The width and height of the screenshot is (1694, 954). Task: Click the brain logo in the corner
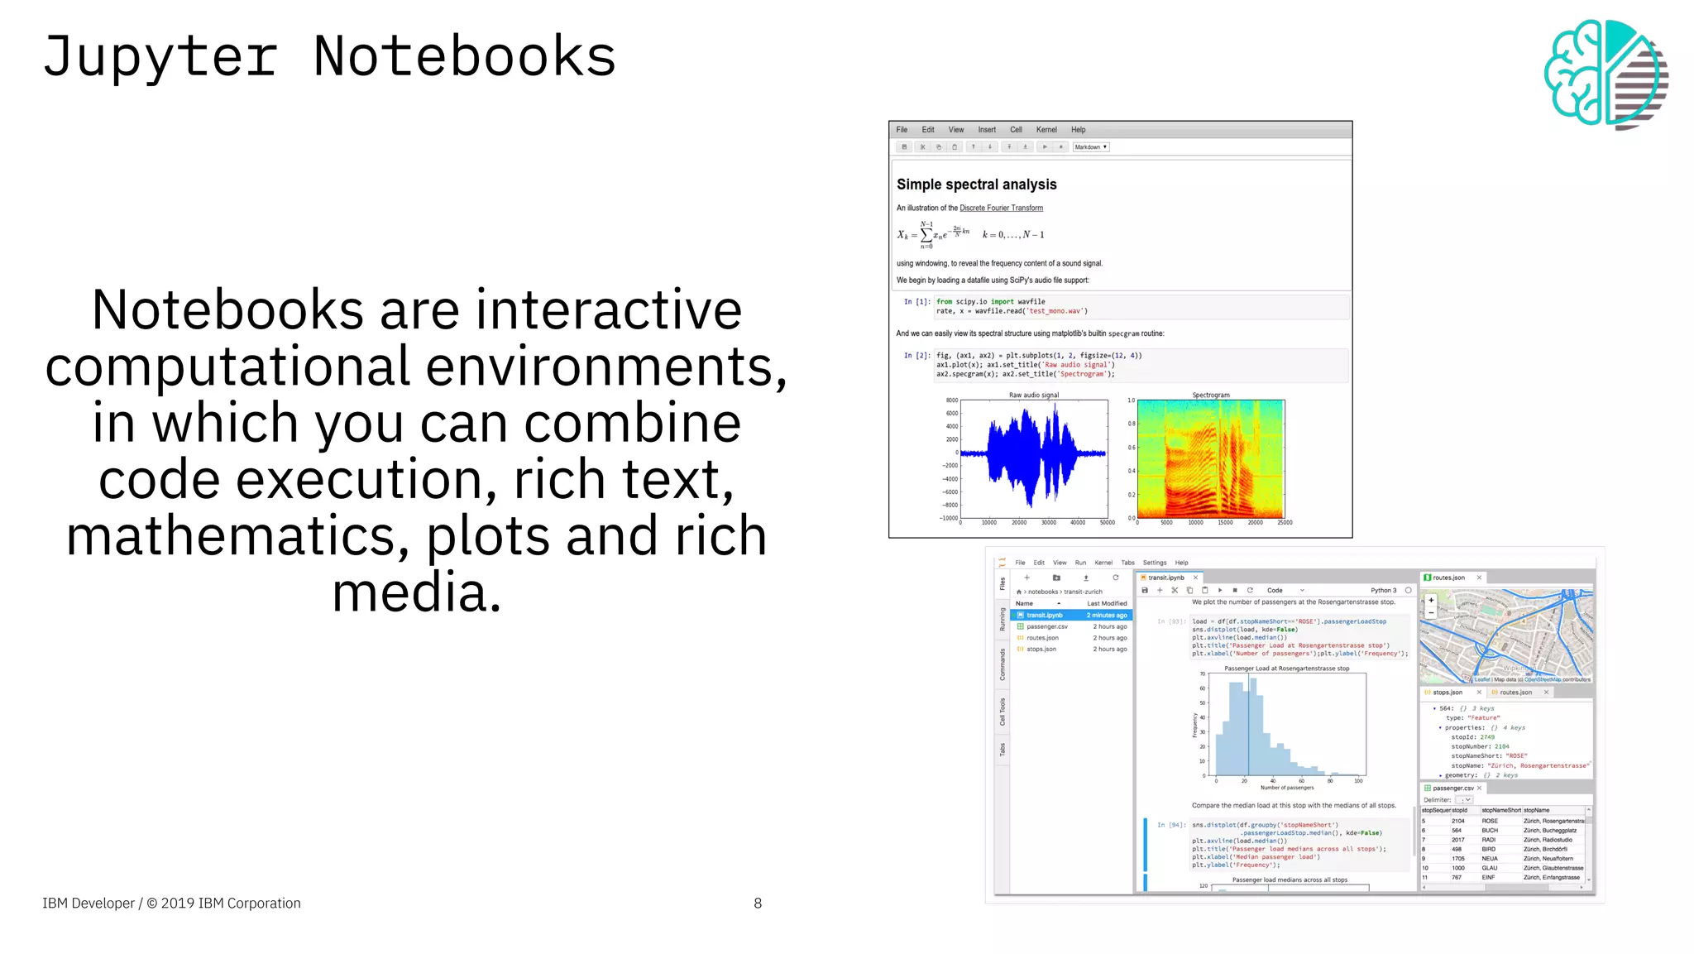pyautogui.click(x=1605, y=74)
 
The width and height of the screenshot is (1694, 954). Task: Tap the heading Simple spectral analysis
pyautogui.click(x=976, y=185)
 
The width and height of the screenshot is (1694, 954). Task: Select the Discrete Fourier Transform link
pyautogui.click(x=1001, y=209)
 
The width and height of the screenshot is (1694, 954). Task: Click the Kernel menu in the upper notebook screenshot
pyautogui.click(x=1046, y=130)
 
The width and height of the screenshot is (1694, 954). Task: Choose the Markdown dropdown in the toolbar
pyautogui.click(x=1090, y=147)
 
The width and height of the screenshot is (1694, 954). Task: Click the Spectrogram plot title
pyautogui.click(x=1211, y=395)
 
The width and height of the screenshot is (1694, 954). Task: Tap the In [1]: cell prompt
pyautogui.click(x=916, y=302)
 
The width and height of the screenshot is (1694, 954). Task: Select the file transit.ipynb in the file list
pyautogui.click(x=1045, y=616)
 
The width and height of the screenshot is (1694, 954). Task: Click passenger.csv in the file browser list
pyautogui.click(x=1047, y=626)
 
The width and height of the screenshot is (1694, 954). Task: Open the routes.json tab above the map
pyautogui.click(x=1448, y=578)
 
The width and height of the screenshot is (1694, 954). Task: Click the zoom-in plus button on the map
pyautogui.click(x=1431, y=600)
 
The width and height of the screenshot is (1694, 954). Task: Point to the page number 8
pyautogui.click(x=758, y=904)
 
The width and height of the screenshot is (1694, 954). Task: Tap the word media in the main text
pyautogui.click(x=416, y=593)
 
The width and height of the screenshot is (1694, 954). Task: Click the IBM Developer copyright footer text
pyautogui.click(x=171, y=904)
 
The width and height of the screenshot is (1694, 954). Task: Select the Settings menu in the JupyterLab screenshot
pyautogui.click(x=1155, y=563)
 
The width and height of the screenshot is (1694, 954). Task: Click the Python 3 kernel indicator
pyautogui.click(x=1383, y=591)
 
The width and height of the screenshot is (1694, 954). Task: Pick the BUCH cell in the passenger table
pyautogui.click(x=1490, y=830)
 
